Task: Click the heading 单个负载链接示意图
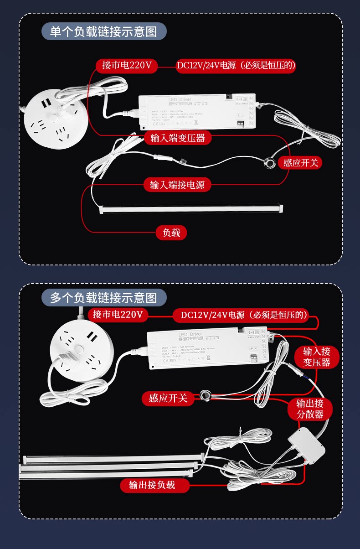[x=103, y=31]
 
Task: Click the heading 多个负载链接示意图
[x=104, y=298]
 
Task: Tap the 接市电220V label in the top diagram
[x=127, y=66]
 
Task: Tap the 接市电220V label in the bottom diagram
[x=118, y=315]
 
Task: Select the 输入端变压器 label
[x=178, y=138]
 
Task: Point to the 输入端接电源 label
[x=177, y=185]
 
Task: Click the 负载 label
[x=171, y=233]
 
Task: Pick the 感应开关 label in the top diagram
[x=300, y=163]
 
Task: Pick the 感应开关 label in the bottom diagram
[x=168, y=398]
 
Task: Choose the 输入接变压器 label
[x=317, y=357]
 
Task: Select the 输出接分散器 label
[x=310, y=409]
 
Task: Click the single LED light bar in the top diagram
[x=191, y=208]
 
